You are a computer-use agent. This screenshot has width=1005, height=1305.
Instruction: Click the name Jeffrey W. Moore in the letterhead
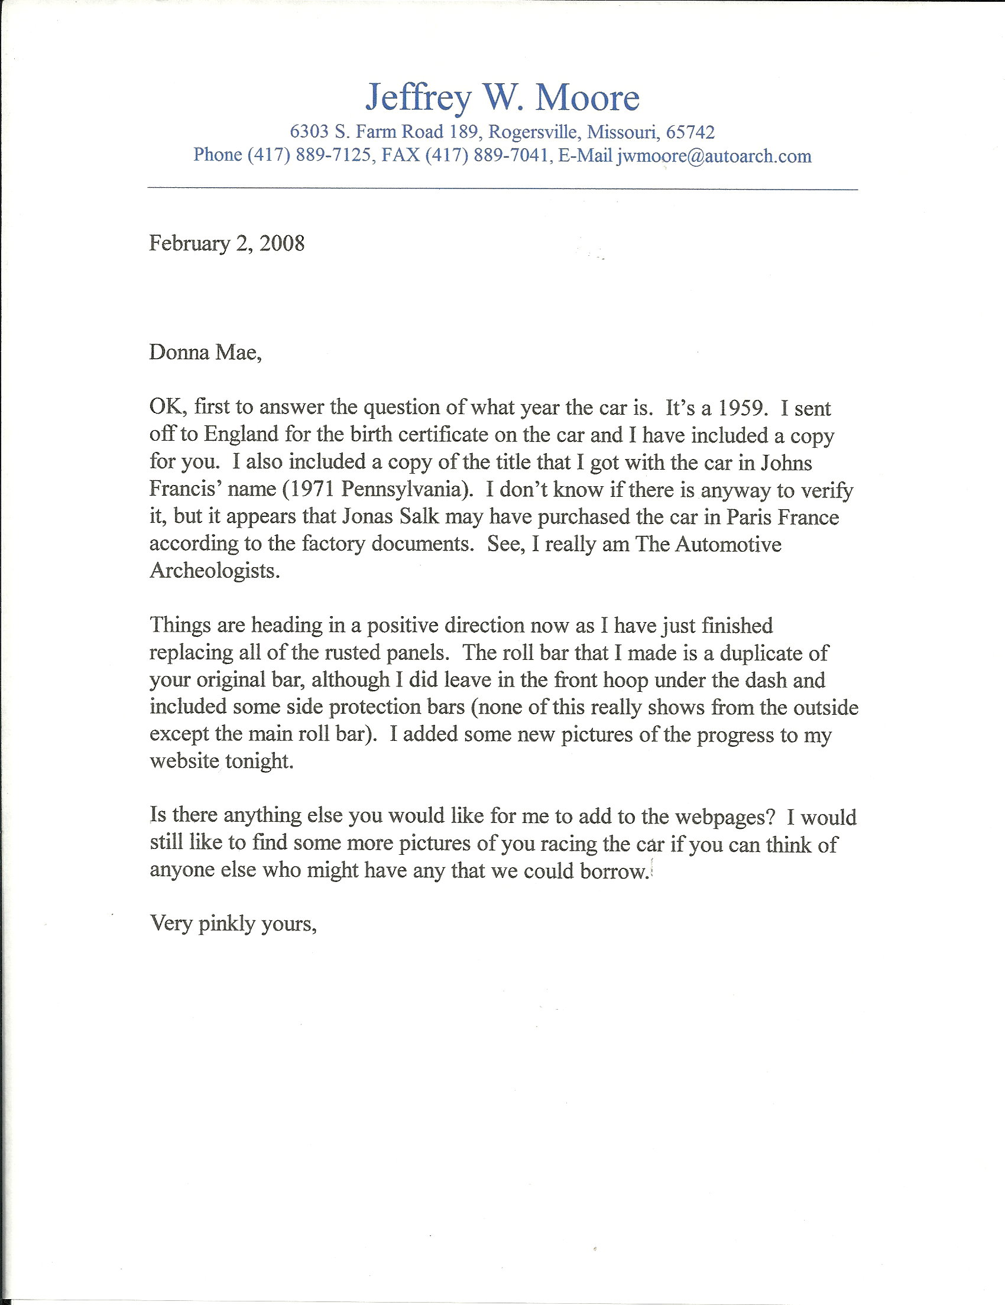(x=502, y=97)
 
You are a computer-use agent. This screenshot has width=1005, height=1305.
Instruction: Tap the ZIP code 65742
(x=690, y=132)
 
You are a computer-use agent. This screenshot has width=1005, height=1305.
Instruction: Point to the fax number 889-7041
(x=511, y=155)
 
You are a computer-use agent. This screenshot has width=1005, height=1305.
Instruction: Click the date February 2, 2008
(x=226, y=243)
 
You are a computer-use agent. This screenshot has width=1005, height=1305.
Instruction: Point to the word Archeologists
(x=214, y=571)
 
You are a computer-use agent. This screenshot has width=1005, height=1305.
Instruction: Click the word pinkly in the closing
(x=226, y=925)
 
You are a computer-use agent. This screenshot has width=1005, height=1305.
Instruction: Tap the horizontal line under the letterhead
(x=502, y=189)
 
